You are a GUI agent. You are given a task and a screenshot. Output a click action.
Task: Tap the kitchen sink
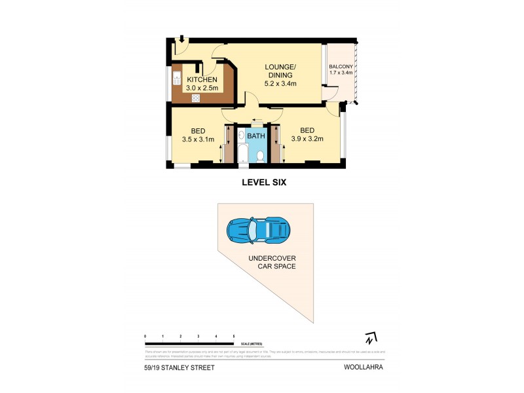177,79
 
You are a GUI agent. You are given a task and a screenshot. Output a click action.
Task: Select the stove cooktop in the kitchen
195,98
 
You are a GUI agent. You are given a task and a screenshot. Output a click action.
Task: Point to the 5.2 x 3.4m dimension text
280,83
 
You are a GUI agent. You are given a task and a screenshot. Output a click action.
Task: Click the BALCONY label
341,67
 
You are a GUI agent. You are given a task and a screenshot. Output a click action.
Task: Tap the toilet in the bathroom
260,156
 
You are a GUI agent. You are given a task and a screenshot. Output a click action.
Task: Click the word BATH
256,136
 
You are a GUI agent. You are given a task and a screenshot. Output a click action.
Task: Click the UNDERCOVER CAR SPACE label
271,262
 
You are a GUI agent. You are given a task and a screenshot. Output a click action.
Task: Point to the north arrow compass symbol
371,339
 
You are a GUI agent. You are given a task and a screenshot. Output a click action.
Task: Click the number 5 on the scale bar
234,336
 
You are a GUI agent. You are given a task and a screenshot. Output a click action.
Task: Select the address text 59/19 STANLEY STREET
179,367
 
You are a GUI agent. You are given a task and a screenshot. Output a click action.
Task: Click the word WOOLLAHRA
364,367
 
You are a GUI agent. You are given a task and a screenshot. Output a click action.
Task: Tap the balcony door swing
331,94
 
